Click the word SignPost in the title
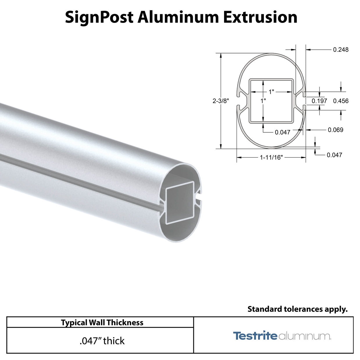click(99, 17)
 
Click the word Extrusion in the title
click(260, 17)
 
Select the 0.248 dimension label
click(341, 50)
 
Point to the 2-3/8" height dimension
click(221, 101)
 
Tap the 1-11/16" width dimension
click(271, 157)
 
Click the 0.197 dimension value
click(319, 101)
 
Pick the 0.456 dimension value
click(341, 101)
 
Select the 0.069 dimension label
click(335, 130)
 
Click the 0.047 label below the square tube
click(282, 132)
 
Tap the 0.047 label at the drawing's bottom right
click(334, 155)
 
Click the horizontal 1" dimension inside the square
click(271, 92)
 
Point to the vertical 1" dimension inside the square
click(263, 101)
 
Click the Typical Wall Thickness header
click(102, 323)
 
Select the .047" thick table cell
click(102, 341)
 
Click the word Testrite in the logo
click(255, 336)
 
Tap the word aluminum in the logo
click(305, 336)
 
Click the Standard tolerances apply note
click(297, 309)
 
